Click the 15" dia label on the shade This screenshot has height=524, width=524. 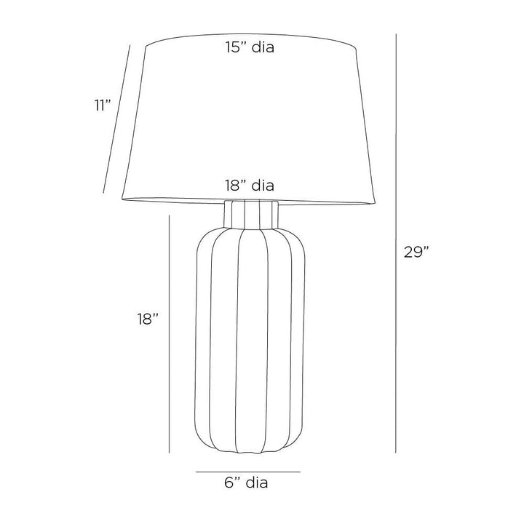coord(250,47)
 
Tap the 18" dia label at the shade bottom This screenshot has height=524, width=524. coord(250,185)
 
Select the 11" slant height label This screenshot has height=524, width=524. coord(102,106)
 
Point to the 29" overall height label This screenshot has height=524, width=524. coord(416,252)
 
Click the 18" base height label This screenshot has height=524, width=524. coord(147,319)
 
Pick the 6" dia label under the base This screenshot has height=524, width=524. coord(246,483)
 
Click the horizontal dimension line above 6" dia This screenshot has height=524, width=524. coord(248,472)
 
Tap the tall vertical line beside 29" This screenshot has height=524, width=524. coord(396,243)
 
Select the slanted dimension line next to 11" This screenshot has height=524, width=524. coord(116,119)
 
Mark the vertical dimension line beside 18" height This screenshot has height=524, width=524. coord(170,334)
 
